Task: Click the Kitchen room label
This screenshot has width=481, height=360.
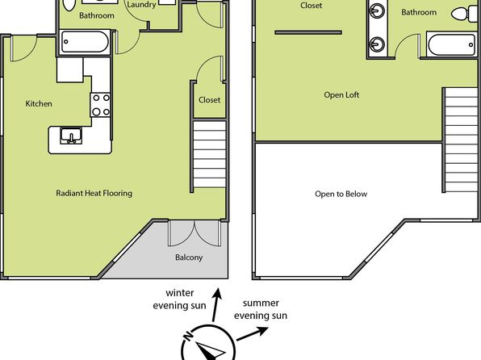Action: pyautogui.click(x=39, y=104)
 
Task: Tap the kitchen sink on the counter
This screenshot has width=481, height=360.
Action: pyautogui.click(x=71, y=136)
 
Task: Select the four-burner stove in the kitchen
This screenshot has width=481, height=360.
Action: pyautogui.click(x=100, y=105)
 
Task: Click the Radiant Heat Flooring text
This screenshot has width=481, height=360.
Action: pyautogui.click(x=94, y=193)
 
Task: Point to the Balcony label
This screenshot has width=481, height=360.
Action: pyautogui.click(x=189, y=257)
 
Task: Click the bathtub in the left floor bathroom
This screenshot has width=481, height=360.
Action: pyautogui.click(x=85, y=42)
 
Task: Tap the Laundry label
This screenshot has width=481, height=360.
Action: pyautogui.click(x=141, y=5)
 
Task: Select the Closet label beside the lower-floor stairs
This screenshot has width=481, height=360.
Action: pyautogui.click(x=209, y=100)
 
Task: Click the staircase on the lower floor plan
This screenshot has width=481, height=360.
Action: pyautogui.click(x=210, y=154)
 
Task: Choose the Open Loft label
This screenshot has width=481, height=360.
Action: pyautogui.click(x=341, y=94)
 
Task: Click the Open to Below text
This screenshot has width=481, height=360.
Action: pyautogui.click(x=341, y=194)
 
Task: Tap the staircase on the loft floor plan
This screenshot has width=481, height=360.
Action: pyautogui.click(x=461, y=140)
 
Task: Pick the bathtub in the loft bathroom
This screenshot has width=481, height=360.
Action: pyautogui.click(x=451, y=45)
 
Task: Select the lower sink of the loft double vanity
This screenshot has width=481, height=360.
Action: pyautogui.click(x=377, y=45)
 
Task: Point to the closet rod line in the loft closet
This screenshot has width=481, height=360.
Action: pyautogui.click(x=308, y=32)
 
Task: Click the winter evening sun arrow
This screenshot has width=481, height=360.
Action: pyautogui.click(x=216, y=305)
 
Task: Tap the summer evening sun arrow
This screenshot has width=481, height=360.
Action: pyautogui.click(x=252, y=333)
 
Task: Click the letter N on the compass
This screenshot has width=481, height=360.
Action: pyautogui.click(x=188, y=337)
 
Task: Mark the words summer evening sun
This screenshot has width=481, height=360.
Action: pyautogui.click(x=261, y=309)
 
